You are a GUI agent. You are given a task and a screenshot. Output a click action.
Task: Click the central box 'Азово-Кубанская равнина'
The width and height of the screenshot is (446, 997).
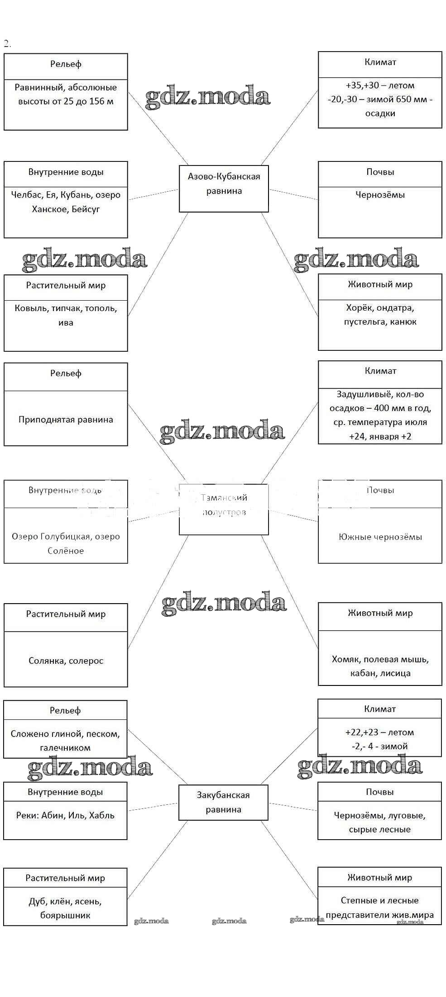coord(224,189)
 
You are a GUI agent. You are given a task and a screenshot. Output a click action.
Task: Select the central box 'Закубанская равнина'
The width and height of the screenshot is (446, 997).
coord(223,802)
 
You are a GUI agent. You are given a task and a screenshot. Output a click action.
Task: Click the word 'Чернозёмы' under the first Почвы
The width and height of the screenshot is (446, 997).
coord(380,195)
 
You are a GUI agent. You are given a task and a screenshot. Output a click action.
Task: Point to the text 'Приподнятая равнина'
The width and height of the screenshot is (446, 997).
coord(66,419)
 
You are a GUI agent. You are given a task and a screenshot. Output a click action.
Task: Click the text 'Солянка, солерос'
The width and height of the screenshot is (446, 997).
coord(66,661)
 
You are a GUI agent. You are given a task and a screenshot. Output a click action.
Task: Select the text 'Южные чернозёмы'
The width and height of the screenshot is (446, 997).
coord(380,537)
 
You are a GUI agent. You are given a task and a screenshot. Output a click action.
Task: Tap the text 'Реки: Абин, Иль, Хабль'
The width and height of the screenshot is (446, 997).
coord(65,815)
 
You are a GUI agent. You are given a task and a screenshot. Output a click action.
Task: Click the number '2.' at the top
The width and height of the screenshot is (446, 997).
coord(7,43)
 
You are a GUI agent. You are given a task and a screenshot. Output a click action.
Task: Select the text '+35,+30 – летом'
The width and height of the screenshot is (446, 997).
coord(380,85)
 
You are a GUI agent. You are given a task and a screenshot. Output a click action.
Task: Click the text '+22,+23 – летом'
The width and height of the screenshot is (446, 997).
coord(379,732)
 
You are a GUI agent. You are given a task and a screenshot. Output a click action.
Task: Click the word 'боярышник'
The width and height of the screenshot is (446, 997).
coord(65,915)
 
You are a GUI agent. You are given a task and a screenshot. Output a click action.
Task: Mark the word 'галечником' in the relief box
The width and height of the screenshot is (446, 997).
coord(65,747)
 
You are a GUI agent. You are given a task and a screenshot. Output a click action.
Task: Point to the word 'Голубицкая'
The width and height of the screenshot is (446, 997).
coord(66,536)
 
